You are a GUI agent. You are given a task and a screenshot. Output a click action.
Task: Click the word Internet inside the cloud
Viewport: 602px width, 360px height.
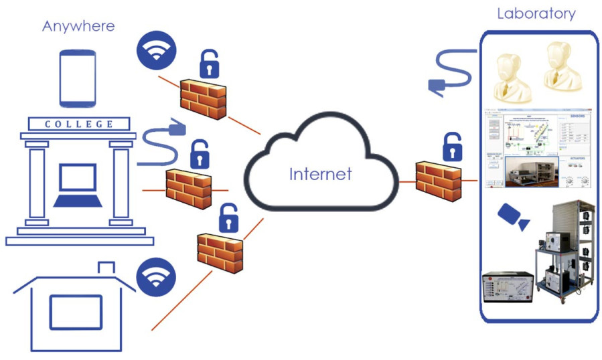tap(320, 174)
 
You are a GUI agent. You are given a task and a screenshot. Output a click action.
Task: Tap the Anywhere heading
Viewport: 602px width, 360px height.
tap(78, 26)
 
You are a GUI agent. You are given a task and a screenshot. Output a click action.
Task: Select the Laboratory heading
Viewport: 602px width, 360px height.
tap(536, 13)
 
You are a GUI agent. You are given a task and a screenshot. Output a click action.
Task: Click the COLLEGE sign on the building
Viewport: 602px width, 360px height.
tap(79, 124)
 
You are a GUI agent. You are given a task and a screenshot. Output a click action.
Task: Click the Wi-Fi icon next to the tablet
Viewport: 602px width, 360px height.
tap(155, 52)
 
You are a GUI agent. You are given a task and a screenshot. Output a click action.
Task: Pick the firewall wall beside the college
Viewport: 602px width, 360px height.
tap(189, 188)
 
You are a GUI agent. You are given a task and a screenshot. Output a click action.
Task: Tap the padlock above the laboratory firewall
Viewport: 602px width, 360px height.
tap(453, 147)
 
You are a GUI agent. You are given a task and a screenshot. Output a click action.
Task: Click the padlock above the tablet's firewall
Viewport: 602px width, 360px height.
tap(210, 64)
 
